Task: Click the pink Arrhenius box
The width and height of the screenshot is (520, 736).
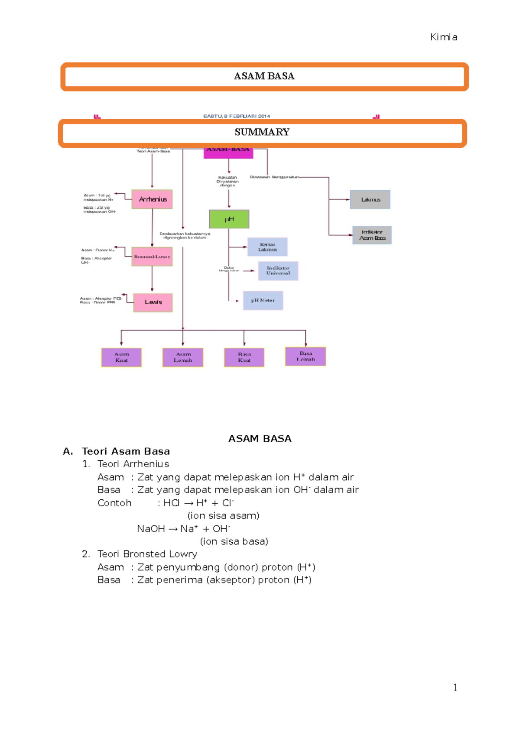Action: pyautogui.click(x=152, y=199)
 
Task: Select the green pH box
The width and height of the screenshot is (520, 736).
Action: pyautogui.click(x=229, y=219)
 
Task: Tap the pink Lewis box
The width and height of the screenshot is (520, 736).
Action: pyautogui.click(x=153, y=302)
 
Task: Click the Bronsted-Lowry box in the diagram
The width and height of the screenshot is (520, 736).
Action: pyautogui.click(x=152, y=257)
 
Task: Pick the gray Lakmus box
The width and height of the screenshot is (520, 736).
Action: pyautogui.click(x=370, y=199)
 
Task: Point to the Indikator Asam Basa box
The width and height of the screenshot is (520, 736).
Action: pyautogui.click(x=372, y=235)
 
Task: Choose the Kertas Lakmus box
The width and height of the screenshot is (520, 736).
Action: pyautogui.click(x=267, y=247)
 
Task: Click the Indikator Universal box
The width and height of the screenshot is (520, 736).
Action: pyautogui.click(x=278, y=271)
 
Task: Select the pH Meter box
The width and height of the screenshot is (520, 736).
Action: pyautogui.click(x=263, y=300)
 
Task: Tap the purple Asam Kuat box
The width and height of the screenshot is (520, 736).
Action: pyautogui.click(x=121, y=358)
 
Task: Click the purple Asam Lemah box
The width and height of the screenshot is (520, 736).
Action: pyautogui.click(x=183, y=358)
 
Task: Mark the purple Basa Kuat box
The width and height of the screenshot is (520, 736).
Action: pyautogui.click(x=244, y=358)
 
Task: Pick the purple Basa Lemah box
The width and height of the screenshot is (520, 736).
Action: pyautogui.click(x=305, y=356)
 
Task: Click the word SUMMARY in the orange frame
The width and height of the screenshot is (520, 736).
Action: pyautogui.click(x=262, y=132)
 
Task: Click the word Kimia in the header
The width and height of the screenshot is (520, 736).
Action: pyautogui.click(x=444, y=37)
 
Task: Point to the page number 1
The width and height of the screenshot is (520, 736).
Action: pyautogui.click(x=455, y=687)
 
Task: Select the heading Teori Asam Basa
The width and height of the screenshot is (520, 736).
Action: pyautogui.click(x=126, y=451)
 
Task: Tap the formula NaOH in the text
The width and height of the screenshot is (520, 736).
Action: pyautogui.click(x=151, y=529)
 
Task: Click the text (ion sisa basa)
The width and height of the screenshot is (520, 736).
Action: pyautogui.click(x=234, y=541)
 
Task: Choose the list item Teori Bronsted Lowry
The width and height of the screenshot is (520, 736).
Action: pyautogui.click(x=147, y=554)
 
